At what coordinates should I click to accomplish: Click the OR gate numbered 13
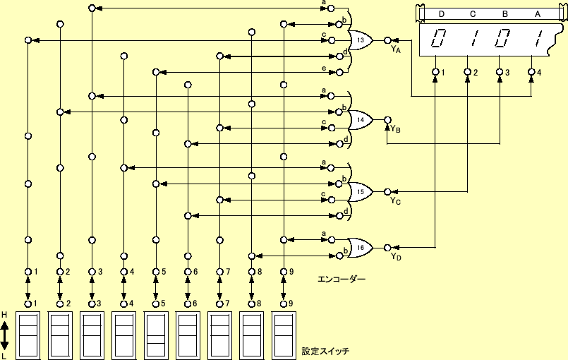point(361,41)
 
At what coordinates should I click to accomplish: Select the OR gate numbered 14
point(361,120)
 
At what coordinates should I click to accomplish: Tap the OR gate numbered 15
point(361,191)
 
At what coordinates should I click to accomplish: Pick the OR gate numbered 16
point(361,248)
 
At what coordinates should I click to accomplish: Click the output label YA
point(395,49)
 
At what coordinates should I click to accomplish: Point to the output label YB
point(397,129)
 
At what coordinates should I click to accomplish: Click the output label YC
point(396,200)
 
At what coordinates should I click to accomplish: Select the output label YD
point(396,256)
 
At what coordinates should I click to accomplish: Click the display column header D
point(442,13)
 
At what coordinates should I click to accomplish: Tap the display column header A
point(537,13)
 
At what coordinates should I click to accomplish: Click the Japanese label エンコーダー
point(342,280)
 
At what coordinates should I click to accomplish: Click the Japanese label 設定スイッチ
point(325,351)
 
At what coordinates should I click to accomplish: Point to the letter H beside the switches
point(4,314)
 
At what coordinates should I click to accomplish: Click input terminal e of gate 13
point(331,72)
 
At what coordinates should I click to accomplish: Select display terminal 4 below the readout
point(533,72)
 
